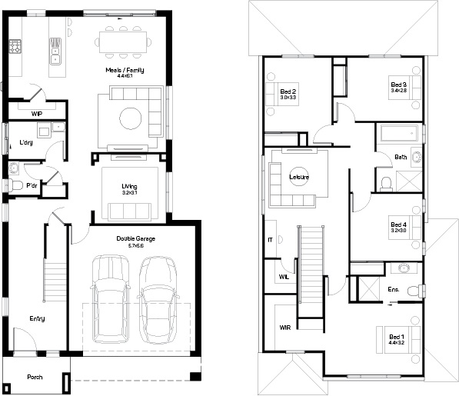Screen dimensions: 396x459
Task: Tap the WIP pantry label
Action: [36, 114]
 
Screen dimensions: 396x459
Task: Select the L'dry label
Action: [25, 142]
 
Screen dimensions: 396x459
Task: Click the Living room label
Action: [128, 186]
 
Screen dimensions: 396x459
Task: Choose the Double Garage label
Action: [135, 239]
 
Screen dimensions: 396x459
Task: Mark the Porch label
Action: [35, 377]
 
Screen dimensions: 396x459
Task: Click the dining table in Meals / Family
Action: [125, 41]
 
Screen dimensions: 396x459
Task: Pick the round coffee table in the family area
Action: [131, 118]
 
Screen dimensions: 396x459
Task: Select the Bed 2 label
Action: [288, 94]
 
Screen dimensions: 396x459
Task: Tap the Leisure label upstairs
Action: [298, 178]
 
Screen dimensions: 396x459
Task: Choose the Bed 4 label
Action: [398, 226]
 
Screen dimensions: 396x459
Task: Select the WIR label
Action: [284, 328]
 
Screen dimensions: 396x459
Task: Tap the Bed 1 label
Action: [396, 338]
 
